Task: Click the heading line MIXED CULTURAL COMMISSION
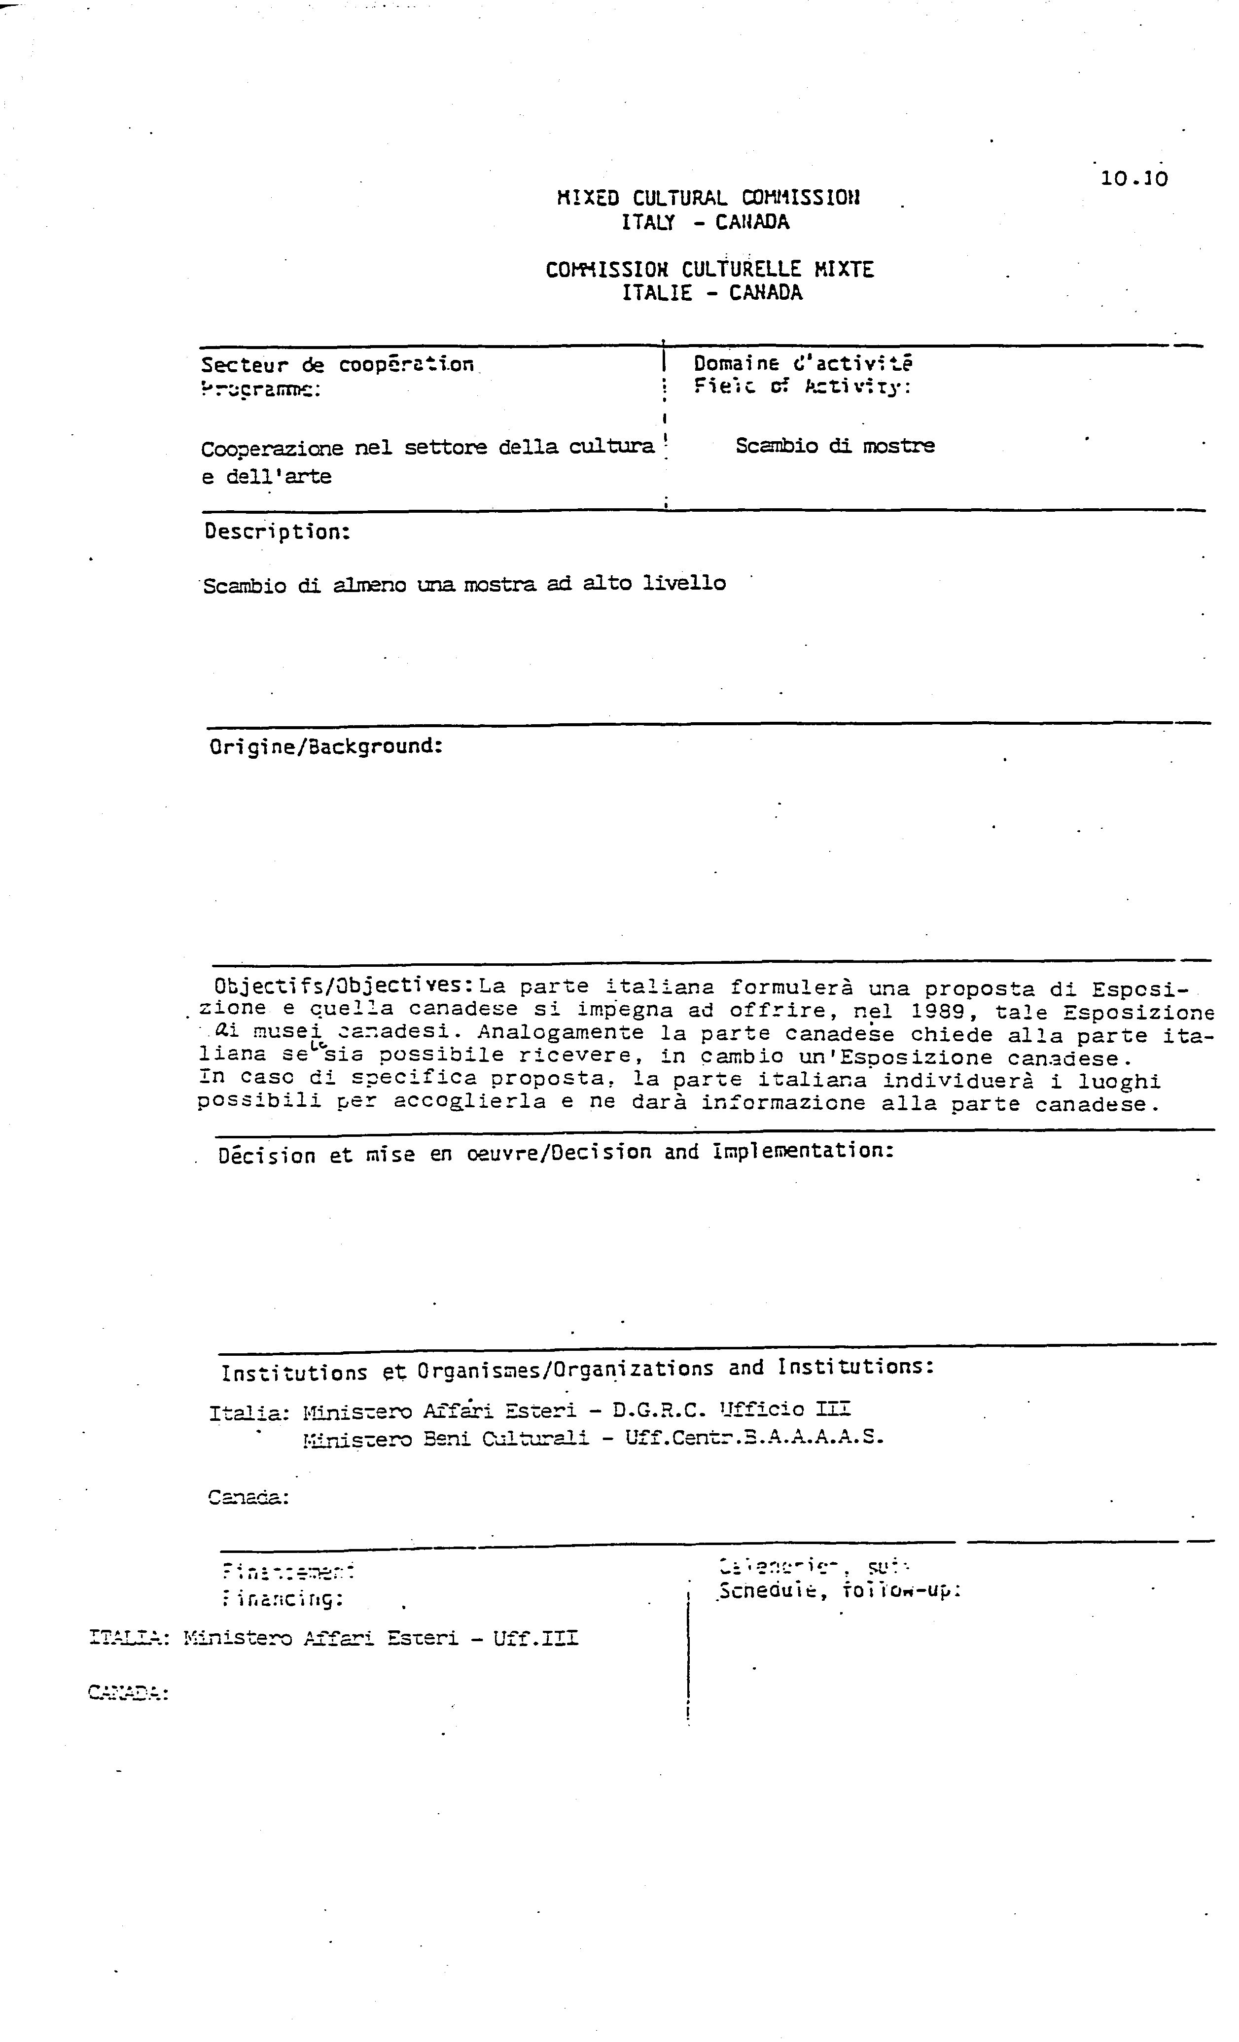[708, 198]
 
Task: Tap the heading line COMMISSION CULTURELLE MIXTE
[709, 269]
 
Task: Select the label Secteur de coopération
[337, 365]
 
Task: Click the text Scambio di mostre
[835, 446]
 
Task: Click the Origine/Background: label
[326, 747]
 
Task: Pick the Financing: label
[283, 1598]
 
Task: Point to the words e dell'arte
[266, 477]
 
